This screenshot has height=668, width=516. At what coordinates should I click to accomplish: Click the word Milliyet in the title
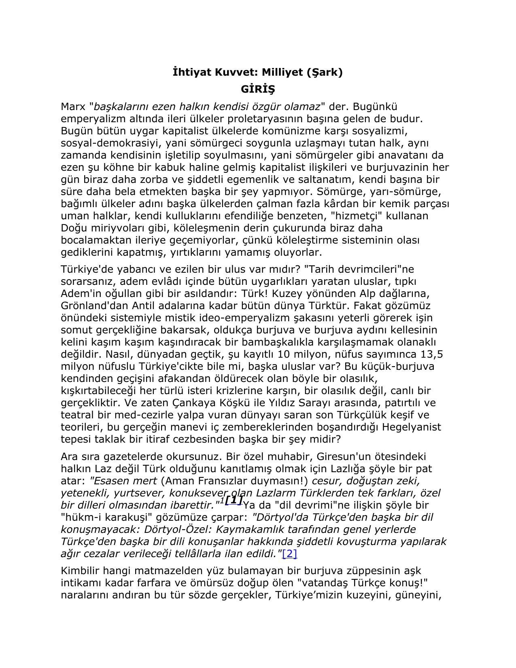282,72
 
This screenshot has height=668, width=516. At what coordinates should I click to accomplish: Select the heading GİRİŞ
258,89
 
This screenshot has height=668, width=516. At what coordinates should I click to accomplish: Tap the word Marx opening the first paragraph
73,107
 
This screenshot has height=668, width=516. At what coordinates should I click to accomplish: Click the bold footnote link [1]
234,500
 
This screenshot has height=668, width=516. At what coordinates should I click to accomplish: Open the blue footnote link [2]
290,553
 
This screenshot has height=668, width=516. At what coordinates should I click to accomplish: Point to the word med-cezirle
143,415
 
